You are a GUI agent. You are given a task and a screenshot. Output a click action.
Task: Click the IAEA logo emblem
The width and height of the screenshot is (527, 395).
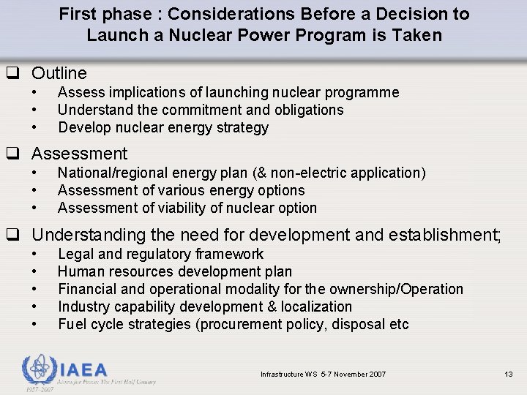click(x=39, y=369)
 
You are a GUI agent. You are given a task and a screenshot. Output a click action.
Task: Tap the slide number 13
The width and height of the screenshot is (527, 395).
click(x=509, y=375)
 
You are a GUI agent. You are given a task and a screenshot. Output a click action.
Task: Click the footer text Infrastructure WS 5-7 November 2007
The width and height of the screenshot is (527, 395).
click(x=323, y=375)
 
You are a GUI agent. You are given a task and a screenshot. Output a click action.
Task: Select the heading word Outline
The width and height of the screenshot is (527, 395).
click(x=59, y=73)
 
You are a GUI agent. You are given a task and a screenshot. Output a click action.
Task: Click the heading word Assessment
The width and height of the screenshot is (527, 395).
click(x=79, y=154)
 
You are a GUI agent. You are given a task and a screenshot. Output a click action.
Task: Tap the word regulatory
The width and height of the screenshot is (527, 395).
click(x=163, y=254)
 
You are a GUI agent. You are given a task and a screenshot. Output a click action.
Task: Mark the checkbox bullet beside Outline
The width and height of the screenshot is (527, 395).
click(x=12, y=73)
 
